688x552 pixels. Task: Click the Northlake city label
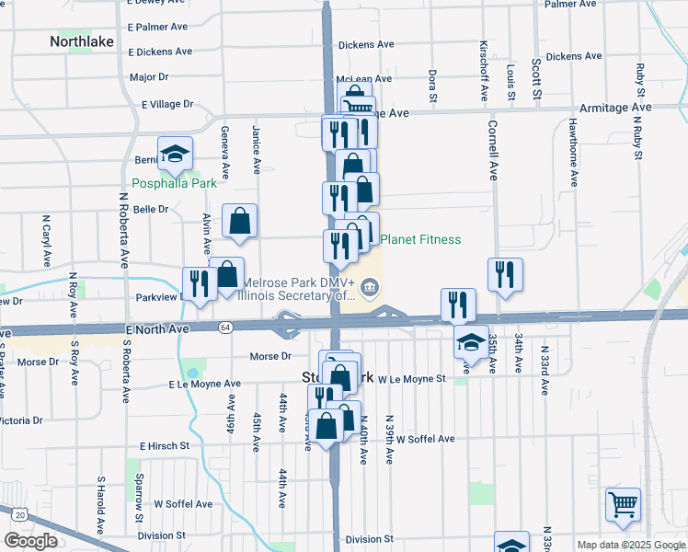pos(80,41)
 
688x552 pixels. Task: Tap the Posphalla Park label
pos(174,183)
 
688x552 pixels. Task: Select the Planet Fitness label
pos(420,240)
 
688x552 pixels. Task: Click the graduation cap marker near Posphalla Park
pos(174,155)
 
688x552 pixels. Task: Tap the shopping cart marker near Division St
pos(624,504)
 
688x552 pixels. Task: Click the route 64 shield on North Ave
pos(225,327)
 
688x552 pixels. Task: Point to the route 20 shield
pos(19,514)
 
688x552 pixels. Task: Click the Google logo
pos(30,541)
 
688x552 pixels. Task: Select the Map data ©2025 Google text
pos(630,545)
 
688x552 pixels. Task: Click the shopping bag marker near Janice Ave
pos(239,221)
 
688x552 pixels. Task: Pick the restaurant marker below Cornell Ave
pos(505,274)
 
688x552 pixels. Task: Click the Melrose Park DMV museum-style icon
pos(369,288)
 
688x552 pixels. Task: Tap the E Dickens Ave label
pos(160,52)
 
